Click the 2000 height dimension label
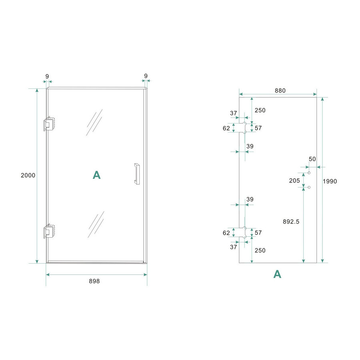(28, 175)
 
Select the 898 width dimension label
(94, 281)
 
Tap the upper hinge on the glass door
(48, 124)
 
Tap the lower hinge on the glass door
(48, 231)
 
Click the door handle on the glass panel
(137, 174)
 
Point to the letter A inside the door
(96, 175)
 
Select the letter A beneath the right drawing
(277, 274)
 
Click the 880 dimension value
(280, 90)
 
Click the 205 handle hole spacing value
(294, 180)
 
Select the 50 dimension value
(312, 159)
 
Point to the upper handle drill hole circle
(309, 173)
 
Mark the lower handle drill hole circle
(309, 187)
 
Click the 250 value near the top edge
(260, 110)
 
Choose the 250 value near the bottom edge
(260, 250)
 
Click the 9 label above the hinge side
(47, 76)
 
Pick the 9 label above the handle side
(146, 76)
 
